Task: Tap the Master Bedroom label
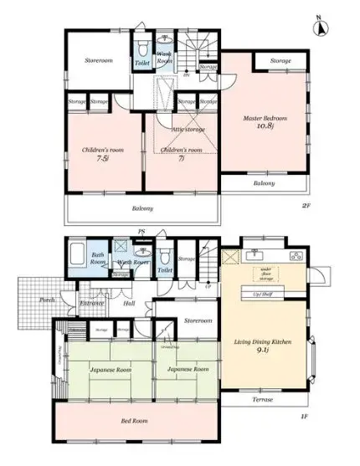pyautogui.click(x=260, y=118)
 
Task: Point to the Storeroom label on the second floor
pyautogui.click(x=98, y=61)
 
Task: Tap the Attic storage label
pyautogui.click(x=188, y=130)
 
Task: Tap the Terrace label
pyautogui.click(x=263, y=400)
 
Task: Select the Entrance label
pyautogui.click(x=91, y=304)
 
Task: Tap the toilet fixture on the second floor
pyautogui.click(x=142, y=46)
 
